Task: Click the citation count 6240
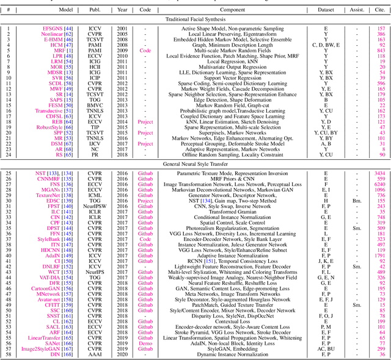pyautogui.click(x=379, y=184)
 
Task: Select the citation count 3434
pyautogui.click(x=379, y=173)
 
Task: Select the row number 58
pyautogui.click(x=9, y=354)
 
